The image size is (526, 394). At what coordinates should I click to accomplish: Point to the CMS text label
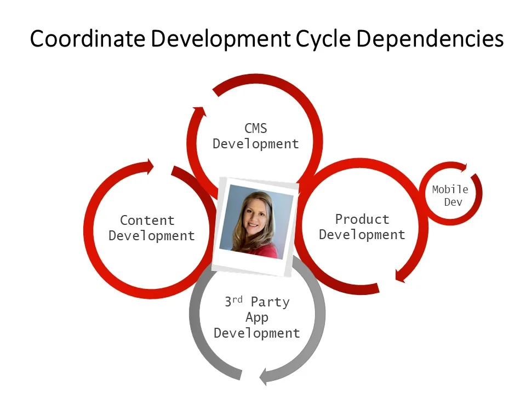(256, 129)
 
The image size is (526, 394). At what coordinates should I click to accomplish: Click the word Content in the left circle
(147, 221)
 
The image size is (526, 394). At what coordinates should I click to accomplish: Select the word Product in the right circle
(362, 219)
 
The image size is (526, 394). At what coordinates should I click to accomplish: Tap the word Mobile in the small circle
(450, 189)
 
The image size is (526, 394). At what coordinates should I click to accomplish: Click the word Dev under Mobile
(453, 202)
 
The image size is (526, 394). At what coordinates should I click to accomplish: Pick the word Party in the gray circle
(270, 302)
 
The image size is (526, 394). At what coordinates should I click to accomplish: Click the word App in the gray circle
(256, 317)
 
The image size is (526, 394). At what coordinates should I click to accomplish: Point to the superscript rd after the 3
(237, 299)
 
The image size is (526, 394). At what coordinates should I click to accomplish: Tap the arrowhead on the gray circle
(266, 376)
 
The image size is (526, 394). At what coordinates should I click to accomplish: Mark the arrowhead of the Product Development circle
(401, 277)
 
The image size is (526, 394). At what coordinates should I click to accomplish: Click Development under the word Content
(151, 236)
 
